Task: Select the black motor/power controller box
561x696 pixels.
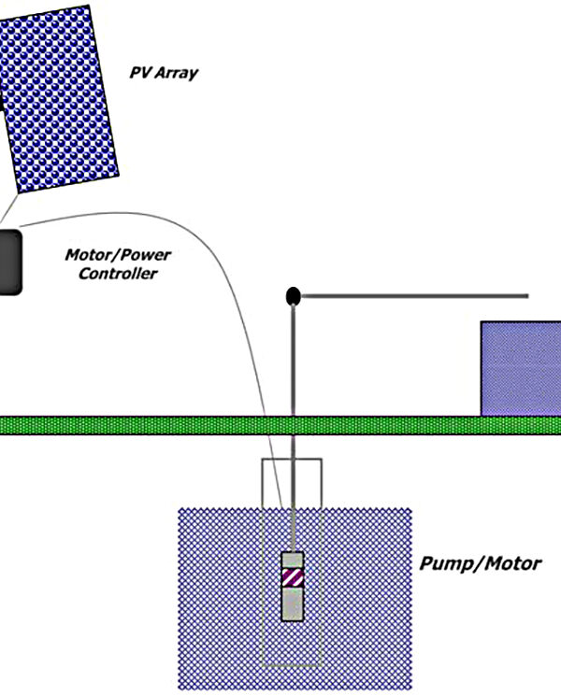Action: click(x=8, y=263)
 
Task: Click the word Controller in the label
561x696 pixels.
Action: click(x=117, y=274)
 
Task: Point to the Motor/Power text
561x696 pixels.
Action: click(x=118, y=254)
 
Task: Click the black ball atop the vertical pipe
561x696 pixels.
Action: click(x=293, y=297)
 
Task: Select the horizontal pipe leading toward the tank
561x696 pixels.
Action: click(x=411, y=296)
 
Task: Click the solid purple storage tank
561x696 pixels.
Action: click(x=521, y=368)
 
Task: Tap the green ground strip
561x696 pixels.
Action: click(x=140, y=425)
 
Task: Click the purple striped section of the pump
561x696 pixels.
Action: click(x=293, y=577)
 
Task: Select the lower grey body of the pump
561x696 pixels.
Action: click(x=293, y=605)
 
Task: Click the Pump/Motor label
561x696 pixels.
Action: click(x=480, y=565)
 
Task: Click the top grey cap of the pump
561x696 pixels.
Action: click(x=293, y=561)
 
